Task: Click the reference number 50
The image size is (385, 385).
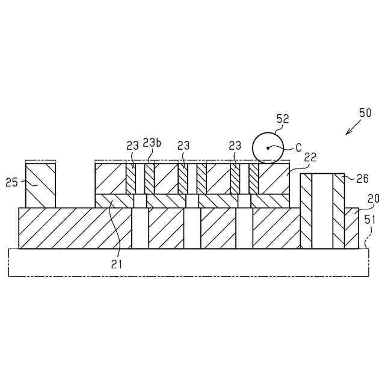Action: click(365, 112)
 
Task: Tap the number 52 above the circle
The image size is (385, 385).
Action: click(282, 119)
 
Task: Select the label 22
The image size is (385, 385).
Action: click(310, 156)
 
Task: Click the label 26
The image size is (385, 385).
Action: click(362, 178)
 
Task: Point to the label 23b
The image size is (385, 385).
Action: click(152, 143)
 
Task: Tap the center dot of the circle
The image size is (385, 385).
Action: click(268, 147)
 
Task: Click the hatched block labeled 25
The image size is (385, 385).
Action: click(40, 185)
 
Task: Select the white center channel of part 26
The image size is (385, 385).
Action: click(322, 211)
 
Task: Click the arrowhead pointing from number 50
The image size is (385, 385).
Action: click(347, 134)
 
